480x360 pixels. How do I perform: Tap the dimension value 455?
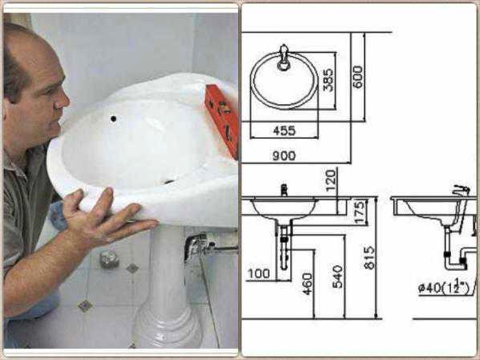tap(284, 130)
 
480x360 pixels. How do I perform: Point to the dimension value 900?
tap(284, 155)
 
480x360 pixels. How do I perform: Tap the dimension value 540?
tap(337, 277)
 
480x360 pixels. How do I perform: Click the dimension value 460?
tap(308, 283)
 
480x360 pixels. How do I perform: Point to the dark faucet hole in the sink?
tap(113, 118)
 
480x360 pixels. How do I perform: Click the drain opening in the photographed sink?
tap(169, 180)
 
